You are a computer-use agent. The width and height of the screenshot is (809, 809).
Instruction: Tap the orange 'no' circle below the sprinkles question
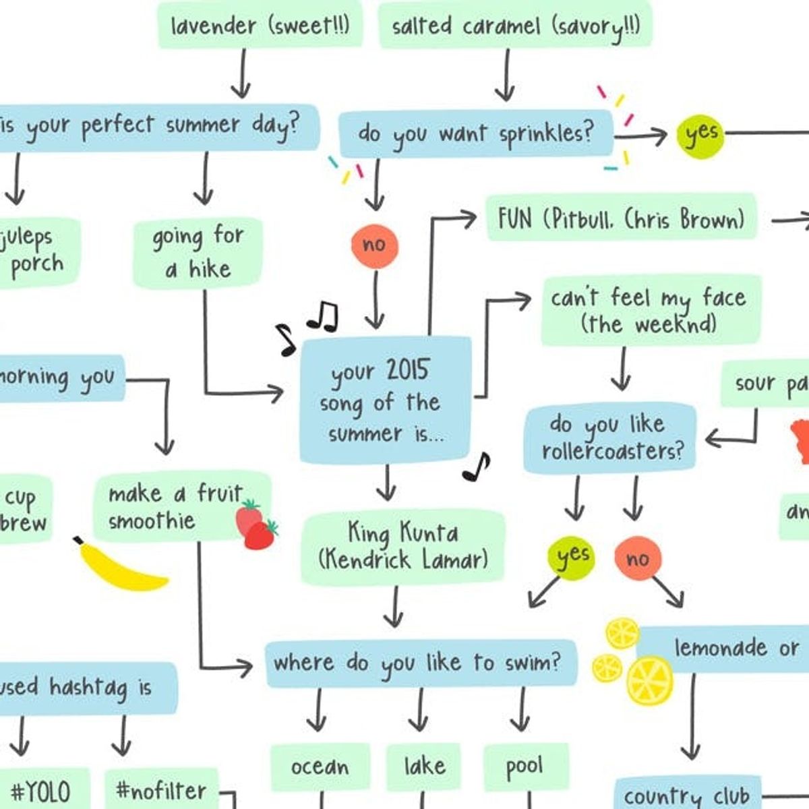374,245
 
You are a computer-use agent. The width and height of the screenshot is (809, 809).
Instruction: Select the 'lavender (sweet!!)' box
260,26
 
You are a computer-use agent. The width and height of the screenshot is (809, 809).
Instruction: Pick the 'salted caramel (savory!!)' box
516,26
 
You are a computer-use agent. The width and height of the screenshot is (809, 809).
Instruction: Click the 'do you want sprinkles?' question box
476,133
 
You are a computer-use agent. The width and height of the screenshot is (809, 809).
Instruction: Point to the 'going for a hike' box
197,253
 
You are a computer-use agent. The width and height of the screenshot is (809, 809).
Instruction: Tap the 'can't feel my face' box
651,310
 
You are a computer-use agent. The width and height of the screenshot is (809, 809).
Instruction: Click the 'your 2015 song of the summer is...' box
386,401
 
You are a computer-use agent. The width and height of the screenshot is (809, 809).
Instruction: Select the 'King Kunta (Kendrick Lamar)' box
402,546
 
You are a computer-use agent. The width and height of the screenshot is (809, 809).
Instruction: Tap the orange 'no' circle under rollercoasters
637,558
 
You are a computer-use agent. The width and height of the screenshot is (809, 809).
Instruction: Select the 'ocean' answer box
320,767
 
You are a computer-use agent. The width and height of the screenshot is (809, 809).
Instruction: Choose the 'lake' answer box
423,767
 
